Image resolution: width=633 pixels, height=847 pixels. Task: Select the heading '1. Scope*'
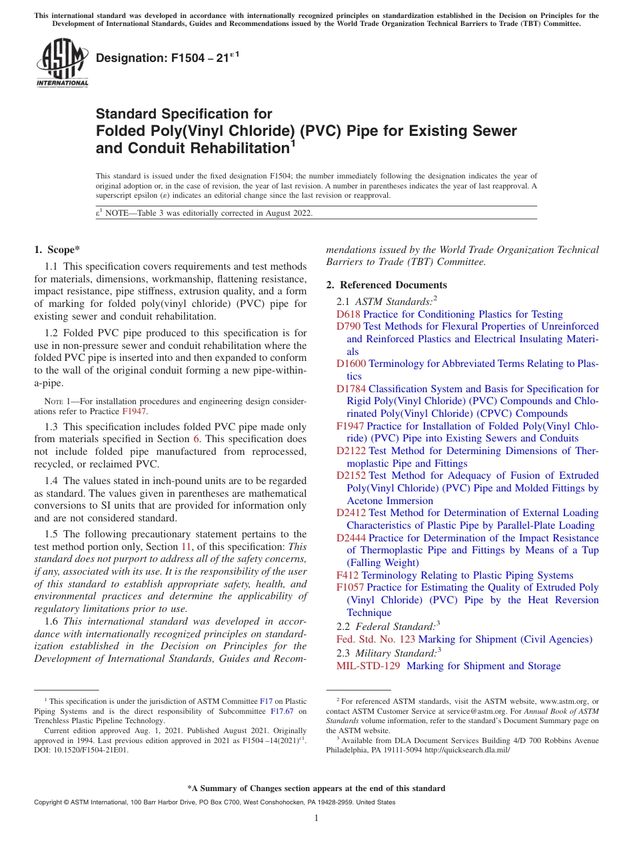click(57, 250)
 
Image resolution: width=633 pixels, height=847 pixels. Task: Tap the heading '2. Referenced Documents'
click(386, 285)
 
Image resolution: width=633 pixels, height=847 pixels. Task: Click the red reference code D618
click(348, 314)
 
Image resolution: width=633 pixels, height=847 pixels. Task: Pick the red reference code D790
click(348, 326)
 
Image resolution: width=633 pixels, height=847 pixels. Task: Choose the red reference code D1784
click(351, 389)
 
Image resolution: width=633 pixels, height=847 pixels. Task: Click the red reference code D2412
click(351, 513)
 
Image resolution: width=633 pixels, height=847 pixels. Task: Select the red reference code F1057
click(350, 588)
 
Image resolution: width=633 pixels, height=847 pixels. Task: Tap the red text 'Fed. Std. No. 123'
click(376, 640)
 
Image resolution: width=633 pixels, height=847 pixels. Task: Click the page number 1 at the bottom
click(316, 818)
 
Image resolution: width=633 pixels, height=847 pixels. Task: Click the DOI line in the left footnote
click(81, 750)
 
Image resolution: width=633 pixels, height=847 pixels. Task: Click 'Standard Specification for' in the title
click(184, 114)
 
